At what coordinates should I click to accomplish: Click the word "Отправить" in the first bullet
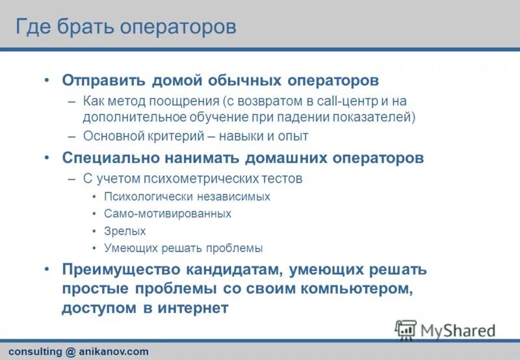point(103,80)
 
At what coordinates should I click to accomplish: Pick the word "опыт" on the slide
point(293,136)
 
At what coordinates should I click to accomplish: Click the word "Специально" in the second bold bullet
point(108,158)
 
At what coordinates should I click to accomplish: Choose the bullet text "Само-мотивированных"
point(167,213)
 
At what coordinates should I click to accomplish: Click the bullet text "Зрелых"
point(125,231)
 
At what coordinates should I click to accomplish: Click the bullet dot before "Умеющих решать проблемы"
point(95,248)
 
